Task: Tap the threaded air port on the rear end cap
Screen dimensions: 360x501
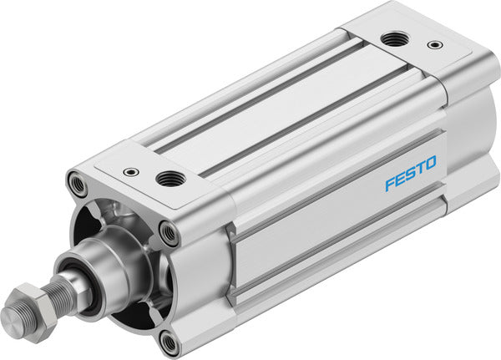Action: click(390, 38)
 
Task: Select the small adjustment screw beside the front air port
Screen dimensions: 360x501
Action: click(129, 171)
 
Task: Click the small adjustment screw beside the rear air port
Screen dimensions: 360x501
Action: click(433, 45)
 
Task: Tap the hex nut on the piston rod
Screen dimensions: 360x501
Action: click(32, 302)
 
